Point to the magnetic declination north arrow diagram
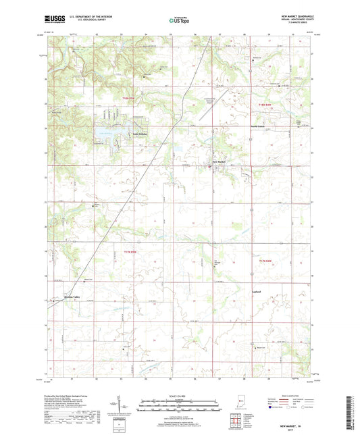[126, 405]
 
